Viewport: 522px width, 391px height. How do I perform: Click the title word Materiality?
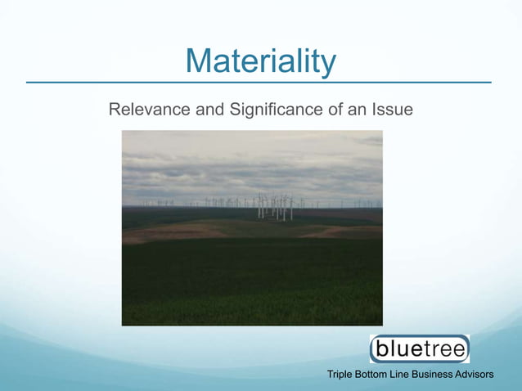260,61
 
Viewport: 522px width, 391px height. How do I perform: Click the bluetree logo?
420,349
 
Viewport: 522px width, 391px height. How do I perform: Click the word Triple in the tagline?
340,375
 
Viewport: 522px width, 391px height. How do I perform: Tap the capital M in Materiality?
199,61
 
